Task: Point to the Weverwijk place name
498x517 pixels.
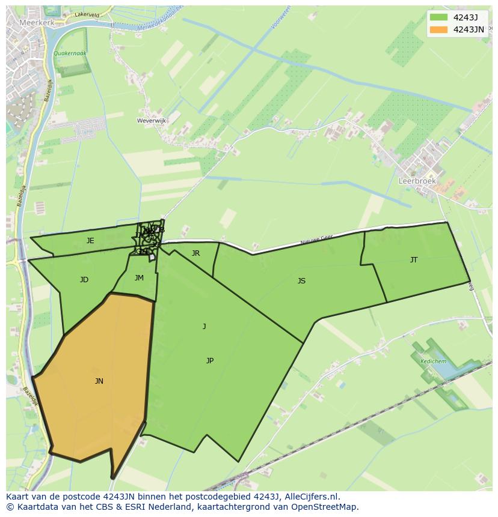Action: point(152,121)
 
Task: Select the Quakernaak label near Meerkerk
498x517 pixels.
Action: point(70,53)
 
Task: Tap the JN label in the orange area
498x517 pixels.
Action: point(99,381)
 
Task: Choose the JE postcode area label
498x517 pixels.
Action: point(90,241)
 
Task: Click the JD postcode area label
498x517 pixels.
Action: point(84,280)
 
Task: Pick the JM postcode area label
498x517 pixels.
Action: point(139,277)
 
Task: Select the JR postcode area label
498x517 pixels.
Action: point(195,253)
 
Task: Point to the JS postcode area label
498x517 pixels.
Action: point(301,280)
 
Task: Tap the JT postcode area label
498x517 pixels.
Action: point(414,260)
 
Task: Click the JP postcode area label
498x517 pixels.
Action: point(210,360)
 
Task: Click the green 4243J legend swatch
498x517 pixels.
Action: point(439,17)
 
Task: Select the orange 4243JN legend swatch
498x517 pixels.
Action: point(439,29)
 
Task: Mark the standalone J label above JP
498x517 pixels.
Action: point(204,327)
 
